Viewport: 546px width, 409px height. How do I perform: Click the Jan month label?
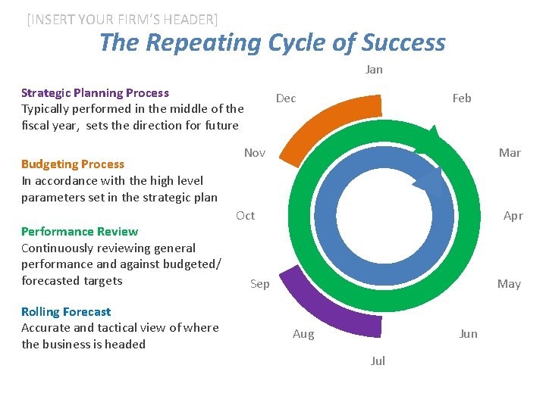point(374,70)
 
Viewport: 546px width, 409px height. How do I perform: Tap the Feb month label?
point(461,98)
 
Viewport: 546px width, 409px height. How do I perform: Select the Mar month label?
point(509,153)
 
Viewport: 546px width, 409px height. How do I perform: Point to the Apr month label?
point(513,216)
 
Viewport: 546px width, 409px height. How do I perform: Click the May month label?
point(508,284)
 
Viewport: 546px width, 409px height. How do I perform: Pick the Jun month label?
point(468,334)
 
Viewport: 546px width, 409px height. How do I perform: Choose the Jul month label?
point(378,361)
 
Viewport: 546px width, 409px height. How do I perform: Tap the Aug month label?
point(303,334)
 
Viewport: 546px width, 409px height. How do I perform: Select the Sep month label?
point(259,284)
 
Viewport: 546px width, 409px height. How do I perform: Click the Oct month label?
point(245,216)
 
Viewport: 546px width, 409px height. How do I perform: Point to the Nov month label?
point(254,153)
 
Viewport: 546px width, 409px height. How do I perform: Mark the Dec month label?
point(285,98)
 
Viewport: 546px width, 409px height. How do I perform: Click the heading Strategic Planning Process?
point(95,93)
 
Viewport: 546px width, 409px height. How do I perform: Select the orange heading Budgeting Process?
point(73,164)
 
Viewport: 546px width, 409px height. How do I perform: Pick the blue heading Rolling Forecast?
point(66,312)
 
